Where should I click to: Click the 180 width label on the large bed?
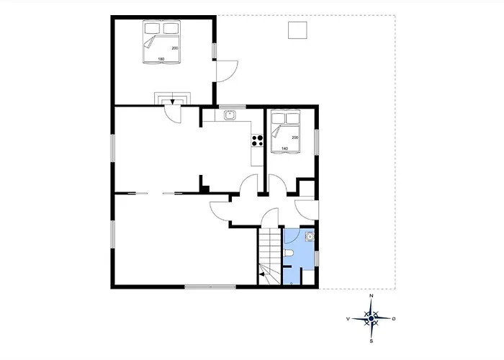(161, 59)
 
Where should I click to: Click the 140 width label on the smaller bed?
(285, 148)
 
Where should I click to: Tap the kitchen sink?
(230, 114)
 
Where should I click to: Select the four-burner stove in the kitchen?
(257, 141)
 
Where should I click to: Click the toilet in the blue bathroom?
(288, 253)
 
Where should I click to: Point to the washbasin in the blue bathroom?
(310, 236)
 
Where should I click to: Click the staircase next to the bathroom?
(269, 256)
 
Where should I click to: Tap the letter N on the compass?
(372, 296)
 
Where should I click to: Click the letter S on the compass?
(372, 341)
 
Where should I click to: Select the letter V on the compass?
(348, 319)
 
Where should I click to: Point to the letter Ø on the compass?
(394, 319)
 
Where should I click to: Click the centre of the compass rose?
(372, 318)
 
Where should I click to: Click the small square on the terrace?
(297, 30)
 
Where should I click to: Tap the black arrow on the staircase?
(262, 274)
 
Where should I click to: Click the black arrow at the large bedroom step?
(173, 102)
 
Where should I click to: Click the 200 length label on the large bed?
(175, 48)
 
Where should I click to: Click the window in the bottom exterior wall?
(210, 287)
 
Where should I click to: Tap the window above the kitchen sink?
(233, 107)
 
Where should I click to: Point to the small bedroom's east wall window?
(317, 142)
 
